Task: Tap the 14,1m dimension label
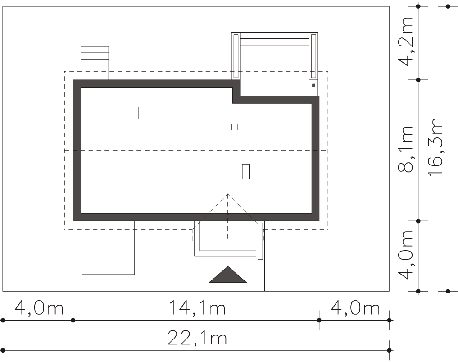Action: click(197, 307)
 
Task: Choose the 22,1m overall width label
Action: click(197, 338)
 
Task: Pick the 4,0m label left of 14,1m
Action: click(39, 307)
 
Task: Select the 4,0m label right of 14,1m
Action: click(355, 307)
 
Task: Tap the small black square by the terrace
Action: click(314, 85)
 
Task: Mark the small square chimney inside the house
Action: click(235, 127)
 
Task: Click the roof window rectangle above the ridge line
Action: click(135, 113)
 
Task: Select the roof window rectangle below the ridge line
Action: click(246, 171)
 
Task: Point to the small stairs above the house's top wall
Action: click(95, 63)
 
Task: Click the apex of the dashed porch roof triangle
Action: click(227, 193)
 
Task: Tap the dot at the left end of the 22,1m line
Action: click(3, 350)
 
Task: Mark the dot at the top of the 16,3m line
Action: click(448, 6)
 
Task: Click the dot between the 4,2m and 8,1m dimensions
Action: click(418, 79)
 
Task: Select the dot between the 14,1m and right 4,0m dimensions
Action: click(319, 320)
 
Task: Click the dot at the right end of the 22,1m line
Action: click(389, 350)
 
